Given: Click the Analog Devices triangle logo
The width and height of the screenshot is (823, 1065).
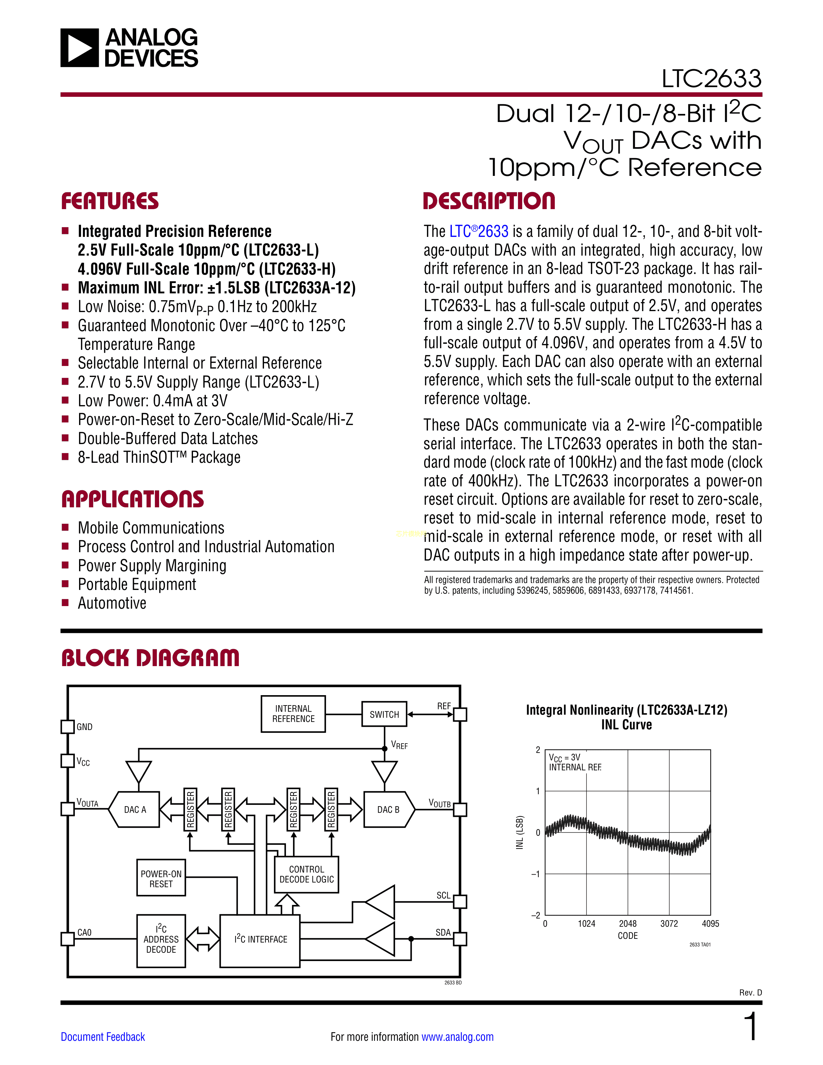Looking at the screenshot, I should [79, 48].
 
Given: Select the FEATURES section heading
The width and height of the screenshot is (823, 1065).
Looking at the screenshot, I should [110, 201].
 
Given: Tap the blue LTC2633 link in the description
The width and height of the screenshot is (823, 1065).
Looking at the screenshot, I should [478, 231].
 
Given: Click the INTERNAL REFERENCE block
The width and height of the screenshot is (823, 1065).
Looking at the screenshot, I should [293, 714].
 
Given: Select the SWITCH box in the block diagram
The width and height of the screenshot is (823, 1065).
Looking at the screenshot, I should [384, 715].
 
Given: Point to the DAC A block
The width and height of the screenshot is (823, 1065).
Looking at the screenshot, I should [135, 809].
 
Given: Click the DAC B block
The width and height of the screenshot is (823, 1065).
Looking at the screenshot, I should [389, 809].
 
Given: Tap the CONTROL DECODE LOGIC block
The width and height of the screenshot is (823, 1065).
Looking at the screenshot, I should [306, 874].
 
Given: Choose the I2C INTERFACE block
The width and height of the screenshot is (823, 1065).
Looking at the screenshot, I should [260, 939].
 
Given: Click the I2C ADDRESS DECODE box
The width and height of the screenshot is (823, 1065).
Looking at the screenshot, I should [161, 939].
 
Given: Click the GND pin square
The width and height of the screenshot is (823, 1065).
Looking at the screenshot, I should [67, 726].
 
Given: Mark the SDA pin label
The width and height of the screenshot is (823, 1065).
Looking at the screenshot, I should [443, 932].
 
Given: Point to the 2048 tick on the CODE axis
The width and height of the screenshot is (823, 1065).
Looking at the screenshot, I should [627, 924].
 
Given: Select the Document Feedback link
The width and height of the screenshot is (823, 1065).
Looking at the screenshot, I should [103, 1037].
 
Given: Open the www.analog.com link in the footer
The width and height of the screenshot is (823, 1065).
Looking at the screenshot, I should [457, 1037].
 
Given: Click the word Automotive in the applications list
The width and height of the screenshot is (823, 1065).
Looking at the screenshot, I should [112, 603].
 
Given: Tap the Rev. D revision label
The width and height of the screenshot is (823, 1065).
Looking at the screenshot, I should [750, 992].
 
